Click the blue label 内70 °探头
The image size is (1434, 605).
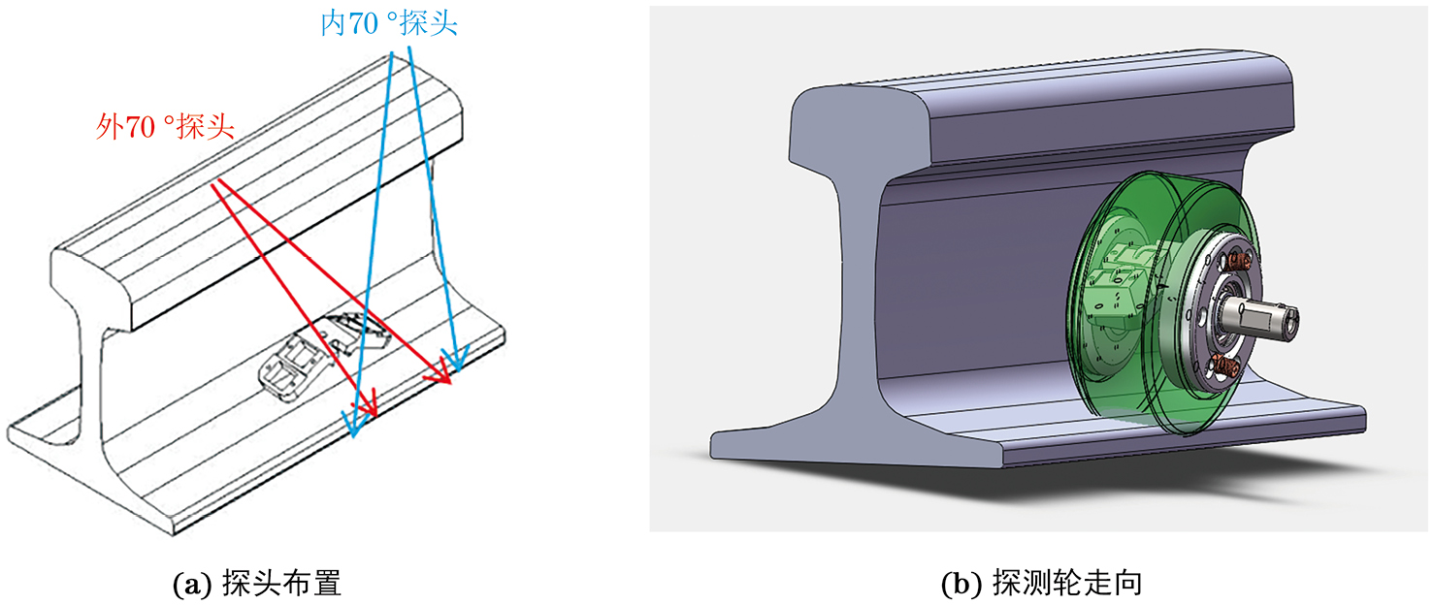(389, 23)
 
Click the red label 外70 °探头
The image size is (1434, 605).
(165, 127)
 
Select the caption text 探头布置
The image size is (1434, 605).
(281, 584)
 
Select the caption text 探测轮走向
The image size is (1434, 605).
(1067, 584)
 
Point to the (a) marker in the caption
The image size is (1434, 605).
(192, 585)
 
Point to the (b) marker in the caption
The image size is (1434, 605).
(961, 585)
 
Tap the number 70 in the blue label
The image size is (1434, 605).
(364, 24)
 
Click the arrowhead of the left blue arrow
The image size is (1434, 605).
(354, 423)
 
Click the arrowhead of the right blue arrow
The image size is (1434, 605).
(456, 358)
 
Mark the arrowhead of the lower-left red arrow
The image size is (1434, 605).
(368, 405)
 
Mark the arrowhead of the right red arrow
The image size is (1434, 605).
(440, 373)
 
